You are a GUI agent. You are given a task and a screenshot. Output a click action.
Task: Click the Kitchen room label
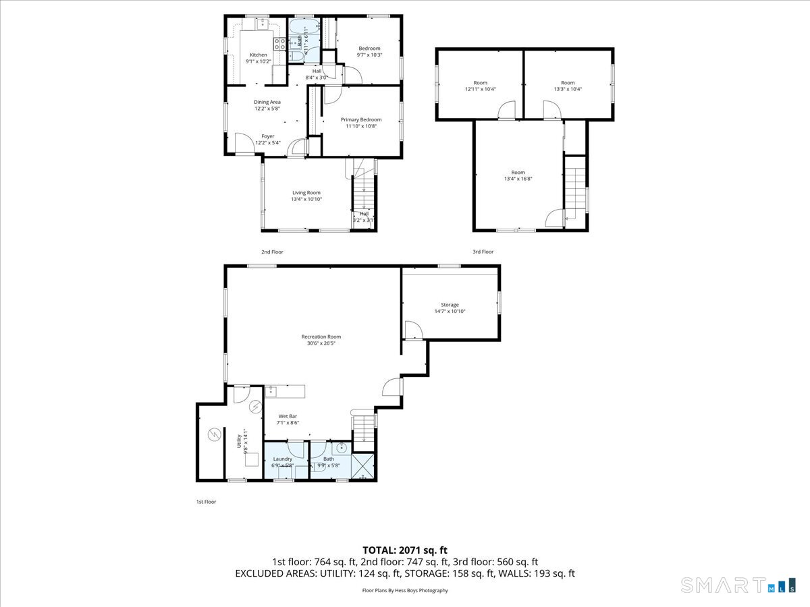259,55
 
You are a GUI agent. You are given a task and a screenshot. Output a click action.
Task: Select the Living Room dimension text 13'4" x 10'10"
306,199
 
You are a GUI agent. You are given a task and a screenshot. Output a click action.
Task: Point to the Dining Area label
267,102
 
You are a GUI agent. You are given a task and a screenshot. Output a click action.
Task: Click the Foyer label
268,136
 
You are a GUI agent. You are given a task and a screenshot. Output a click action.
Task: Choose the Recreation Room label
321,337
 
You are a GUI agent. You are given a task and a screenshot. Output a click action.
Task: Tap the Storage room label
450,305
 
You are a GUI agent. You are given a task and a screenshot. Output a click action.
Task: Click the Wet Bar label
288,416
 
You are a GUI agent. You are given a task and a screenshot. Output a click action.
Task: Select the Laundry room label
282,459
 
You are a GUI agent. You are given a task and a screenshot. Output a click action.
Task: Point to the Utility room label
238,442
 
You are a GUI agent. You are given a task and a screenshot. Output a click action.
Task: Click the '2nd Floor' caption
272,252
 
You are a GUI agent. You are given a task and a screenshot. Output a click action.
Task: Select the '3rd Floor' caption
483,252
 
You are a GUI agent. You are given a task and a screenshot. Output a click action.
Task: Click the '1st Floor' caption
206,502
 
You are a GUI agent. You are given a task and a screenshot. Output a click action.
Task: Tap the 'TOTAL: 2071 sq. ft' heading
405,550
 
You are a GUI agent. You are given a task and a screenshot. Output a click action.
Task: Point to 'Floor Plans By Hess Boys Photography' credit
405,590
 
